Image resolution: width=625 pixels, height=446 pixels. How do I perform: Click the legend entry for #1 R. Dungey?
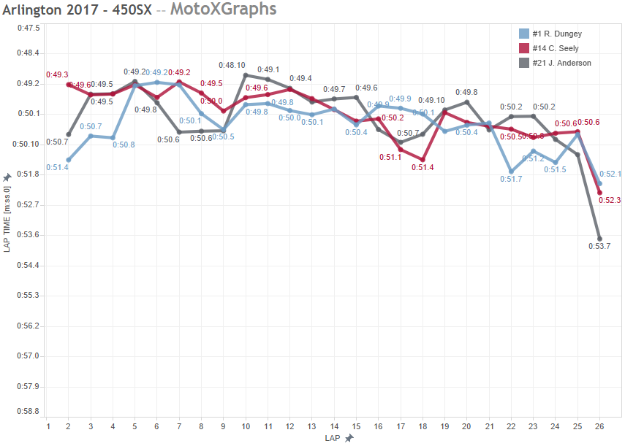556,34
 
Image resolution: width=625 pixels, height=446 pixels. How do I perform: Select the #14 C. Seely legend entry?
555,48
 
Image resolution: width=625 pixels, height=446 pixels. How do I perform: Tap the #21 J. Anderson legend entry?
560,63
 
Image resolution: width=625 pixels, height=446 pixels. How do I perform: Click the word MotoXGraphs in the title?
228,9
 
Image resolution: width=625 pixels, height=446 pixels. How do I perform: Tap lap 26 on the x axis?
600,426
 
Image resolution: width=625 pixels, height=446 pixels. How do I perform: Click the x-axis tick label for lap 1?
48,426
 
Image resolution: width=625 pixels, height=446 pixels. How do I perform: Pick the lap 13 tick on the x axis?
312,426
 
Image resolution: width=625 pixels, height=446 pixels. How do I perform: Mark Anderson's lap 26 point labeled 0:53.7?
599,239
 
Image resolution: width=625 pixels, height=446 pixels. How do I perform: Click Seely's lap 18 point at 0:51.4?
423,159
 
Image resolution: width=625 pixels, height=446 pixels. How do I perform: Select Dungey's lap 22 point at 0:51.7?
511,172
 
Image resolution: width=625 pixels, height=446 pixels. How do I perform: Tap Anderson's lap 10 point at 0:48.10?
246,75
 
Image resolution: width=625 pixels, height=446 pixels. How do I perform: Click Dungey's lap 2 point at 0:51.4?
69,160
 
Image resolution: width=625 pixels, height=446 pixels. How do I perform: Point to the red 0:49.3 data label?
57,74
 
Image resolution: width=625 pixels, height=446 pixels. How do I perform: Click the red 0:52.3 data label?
610,200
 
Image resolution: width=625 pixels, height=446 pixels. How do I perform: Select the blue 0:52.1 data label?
610,174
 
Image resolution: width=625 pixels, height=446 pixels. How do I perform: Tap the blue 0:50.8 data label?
124,145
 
